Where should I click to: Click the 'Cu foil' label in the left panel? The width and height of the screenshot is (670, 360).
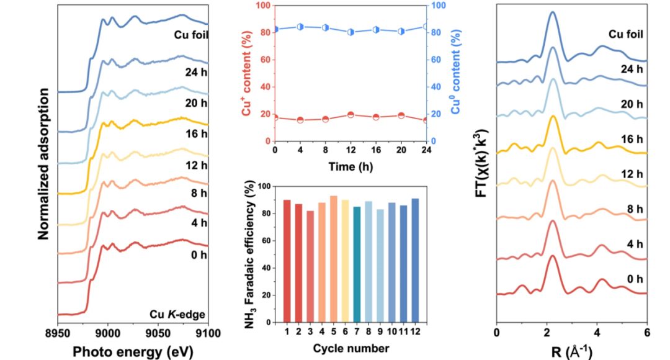pos(190,34)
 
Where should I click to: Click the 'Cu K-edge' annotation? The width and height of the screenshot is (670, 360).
pos(180,313)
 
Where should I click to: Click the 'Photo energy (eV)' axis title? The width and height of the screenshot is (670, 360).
pos(133,351)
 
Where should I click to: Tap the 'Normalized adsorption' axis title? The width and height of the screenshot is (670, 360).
pos(43,164)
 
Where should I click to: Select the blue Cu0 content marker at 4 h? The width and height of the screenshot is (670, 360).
pos(300,27)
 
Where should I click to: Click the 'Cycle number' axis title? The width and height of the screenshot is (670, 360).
pos(351,348)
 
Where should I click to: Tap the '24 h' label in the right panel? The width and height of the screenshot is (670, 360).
pos(632,69)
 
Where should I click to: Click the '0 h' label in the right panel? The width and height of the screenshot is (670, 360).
pos(634,279)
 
